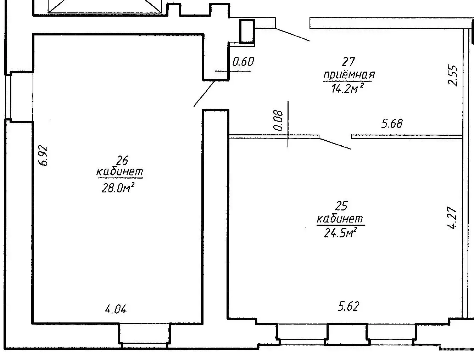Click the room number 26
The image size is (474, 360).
[x=122, y=161]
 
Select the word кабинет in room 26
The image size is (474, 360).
[x=120, y=172]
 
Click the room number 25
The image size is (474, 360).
[x=341, y=206]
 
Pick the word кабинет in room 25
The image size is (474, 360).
[x=340, y=219]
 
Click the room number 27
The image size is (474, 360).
[x=348, y=62]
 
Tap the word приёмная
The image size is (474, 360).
[x=349, y=75]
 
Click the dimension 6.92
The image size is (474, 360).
[x=44, y=155]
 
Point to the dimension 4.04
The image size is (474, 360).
[x=116, y=309]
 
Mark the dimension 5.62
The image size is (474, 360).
[x=348, y=306]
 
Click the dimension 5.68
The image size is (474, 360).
[x=392, y=124]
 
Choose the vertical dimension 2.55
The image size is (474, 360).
[x=453, y=75]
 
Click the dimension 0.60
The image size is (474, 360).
[x=243, y=62]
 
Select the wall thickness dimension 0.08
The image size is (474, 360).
[x=279, y=121]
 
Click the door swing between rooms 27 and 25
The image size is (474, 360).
[x=335, y=143]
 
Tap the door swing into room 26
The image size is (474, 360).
[x=205, y=94]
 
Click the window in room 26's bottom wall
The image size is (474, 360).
[x=144, y=335]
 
